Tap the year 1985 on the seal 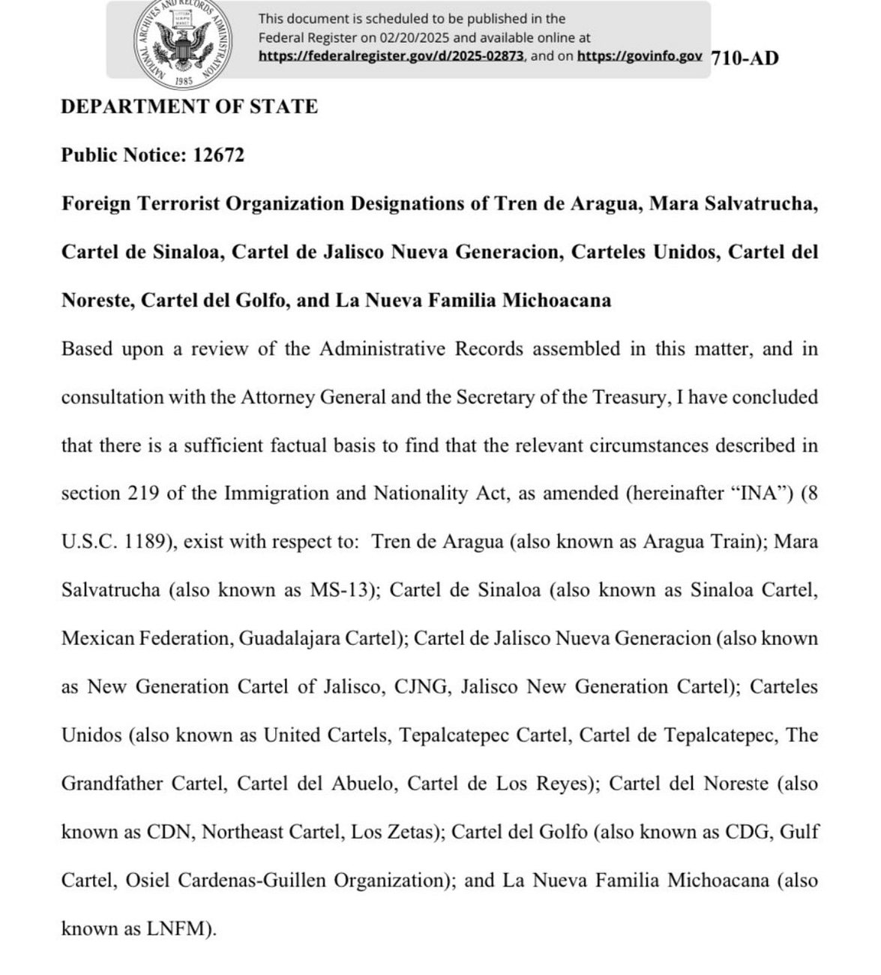point(183,80)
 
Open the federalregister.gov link point(391,56)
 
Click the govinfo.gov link point(640,56)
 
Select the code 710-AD point(744,58)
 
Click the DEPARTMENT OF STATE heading point(189,106)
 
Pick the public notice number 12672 point(218,155)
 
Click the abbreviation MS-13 point(340,590)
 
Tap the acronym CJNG point(422,687)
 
